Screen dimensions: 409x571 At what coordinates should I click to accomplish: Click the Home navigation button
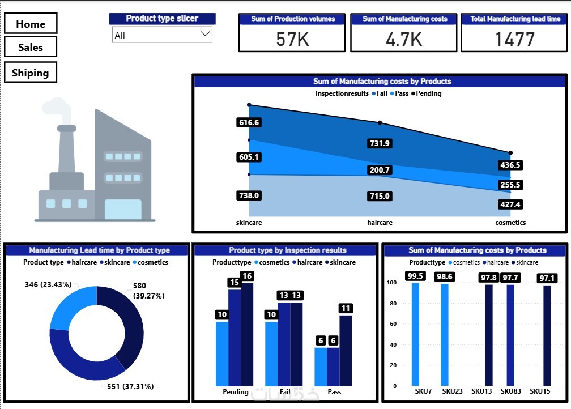click(x=31, y=24)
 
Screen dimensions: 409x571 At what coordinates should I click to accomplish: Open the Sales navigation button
click(x=31, y=47)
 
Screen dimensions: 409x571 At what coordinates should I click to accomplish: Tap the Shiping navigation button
click(x=31, y=73)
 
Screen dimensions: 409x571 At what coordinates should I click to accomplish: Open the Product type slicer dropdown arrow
click(x=205, y=35)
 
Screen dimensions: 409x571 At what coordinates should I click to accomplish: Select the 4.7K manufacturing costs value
click(x=403, y=39)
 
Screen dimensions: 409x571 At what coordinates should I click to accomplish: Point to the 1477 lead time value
click(x=514, y=39)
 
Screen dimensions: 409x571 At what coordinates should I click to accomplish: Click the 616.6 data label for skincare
click(x=249, y=122)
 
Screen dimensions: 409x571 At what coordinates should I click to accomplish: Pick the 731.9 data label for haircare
click(x=380, y=143)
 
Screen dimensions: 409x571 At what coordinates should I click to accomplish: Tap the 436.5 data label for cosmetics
click(x=510, y=165)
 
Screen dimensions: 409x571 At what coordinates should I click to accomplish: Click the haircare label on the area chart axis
click(x=380, y=223)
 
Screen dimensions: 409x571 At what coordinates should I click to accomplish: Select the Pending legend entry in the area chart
click(x=428, y=93)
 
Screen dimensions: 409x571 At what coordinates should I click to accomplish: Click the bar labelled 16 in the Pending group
click(x=248, y=334)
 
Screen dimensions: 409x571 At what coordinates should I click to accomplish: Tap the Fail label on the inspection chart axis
click(x=285, y=392)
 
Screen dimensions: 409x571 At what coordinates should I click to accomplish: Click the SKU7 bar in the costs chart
click(x=416, y=334)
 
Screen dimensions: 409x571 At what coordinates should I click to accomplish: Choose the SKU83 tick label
click(x=511, y=391)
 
